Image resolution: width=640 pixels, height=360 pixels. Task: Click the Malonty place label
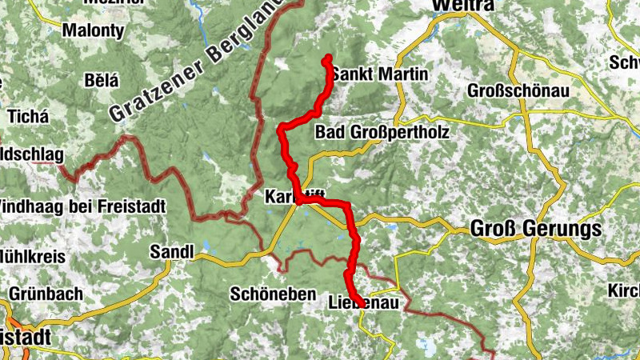point(93,31)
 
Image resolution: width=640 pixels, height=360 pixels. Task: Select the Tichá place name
point(28,116)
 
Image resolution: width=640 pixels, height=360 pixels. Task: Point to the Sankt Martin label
point(380,74)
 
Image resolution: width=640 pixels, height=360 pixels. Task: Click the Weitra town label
point(462,6)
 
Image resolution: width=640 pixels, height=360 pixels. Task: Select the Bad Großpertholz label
point(382,131)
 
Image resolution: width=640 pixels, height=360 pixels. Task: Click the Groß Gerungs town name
point(535,230)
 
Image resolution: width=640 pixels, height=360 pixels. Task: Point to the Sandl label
point(172,252)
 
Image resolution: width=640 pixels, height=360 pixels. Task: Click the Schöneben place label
point(273,294)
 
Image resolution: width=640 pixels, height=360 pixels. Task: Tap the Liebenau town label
point(363,303)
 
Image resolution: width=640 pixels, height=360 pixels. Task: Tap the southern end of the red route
point(354,299)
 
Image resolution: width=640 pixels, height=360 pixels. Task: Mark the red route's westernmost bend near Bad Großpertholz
point(281,130)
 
